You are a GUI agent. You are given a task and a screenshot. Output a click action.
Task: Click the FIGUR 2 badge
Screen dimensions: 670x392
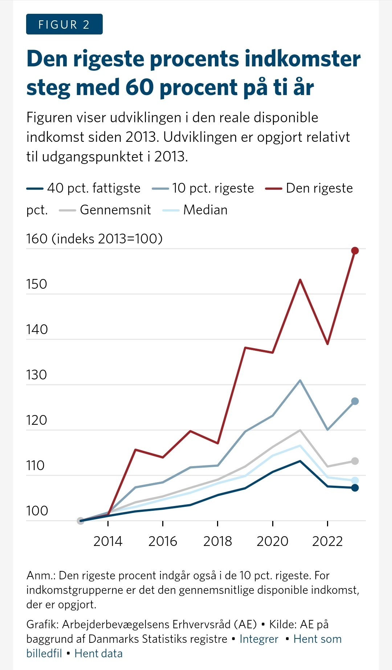tap(64, 24)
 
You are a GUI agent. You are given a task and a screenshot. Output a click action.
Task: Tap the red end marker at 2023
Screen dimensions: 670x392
tap(355, 251)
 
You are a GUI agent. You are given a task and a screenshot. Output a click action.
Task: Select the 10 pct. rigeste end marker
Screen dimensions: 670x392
tap(355, 401)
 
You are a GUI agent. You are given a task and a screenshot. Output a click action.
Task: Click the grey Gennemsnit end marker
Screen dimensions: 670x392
tap(355, 461)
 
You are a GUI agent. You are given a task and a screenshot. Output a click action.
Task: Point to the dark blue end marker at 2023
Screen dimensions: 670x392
tap(355, 488)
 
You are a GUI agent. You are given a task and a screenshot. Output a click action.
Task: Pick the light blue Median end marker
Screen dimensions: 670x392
tap(355, 480)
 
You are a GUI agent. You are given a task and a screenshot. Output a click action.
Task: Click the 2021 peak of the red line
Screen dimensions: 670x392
tap(300, 280)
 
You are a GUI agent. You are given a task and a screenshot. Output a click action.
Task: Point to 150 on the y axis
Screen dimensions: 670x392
tap(37, 284)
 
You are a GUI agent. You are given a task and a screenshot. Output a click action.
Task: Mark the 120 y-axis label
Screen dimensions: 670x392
tap(37, 420)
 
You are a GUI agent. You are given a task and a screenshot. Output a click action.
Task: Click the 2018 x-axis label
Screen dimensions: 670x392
tap(217, 541)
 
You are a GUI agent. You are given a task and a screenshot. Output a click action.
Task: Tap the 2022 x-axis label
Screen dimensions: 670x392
tap(327, 541)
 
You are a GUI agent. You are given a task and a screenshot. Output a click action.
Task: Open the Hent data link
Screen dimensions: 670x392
tap(98, 653)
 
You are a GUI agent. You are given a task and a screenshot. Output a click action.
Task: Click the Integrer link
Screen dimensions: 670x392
tap(259, 639)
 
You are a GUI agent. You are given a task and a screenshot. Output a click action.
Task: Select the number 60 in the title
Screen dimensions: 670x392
tap(140, 87)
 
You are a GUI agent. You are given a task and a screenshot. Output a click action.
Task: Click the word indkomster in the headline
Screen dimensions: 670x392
tap(303, 59)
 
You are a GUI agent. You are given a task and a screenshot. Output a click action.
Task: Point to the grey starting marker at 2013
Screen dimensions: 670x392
tap(81, 521)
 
